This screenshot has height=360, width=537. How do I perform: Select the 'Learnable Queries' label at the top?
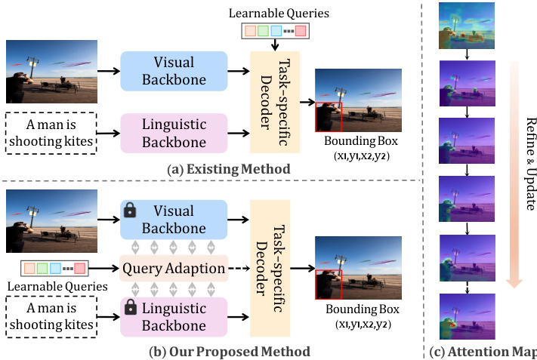(x=274, y=13)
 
